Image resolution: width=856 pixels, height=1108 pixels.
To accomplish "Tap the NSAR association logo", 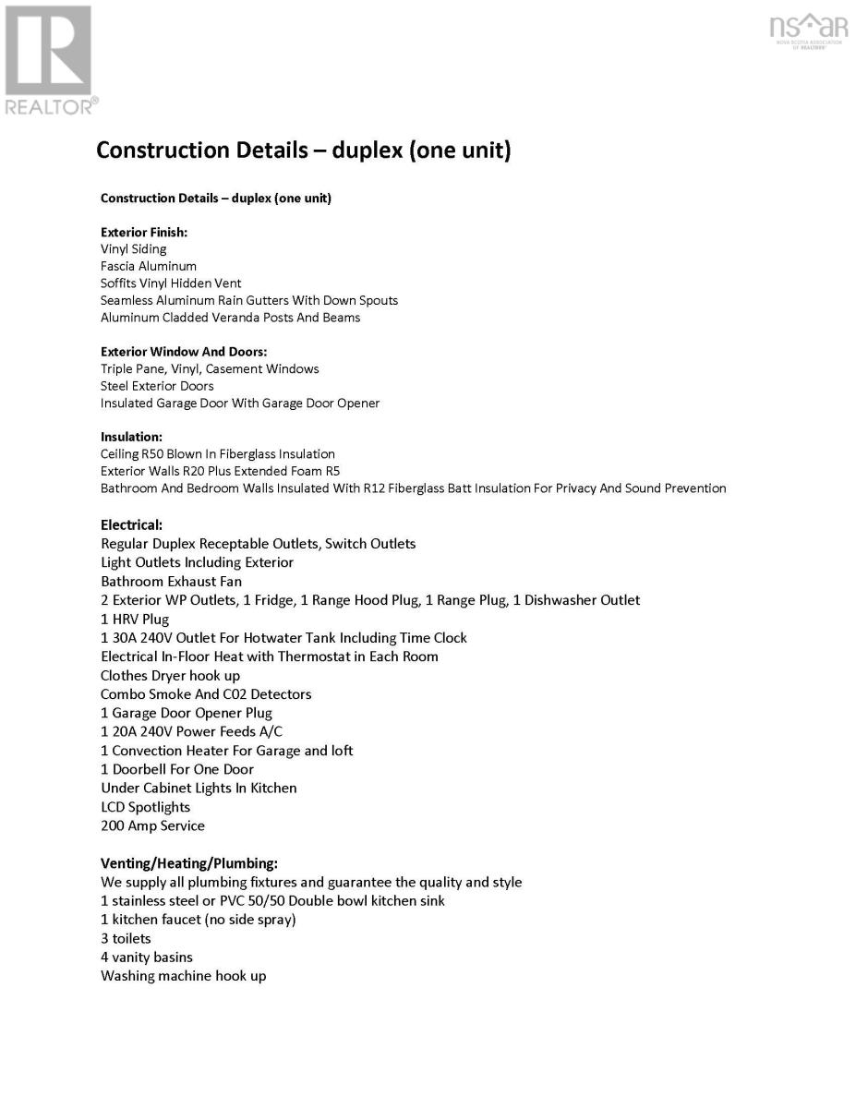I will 808,30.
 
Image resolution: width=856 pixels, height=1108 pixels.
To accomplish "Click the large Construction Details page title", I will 304,150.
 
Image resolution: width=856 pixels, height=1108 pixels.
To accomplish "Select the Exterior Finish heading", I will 144,232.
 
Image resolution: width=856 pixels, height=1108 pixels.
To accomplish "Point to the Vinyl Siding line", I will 134,249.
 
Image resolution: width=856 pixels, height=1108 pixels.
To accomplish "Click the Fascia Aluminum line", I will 149,266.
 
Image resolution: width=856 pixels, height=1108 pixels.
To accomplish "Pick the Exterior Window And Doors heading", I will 184,352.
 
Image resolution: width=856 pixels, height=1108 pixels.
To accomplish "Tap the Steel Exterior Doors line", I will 157,386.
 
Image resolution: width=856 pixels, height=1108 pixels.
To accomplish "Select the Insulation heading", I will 131,437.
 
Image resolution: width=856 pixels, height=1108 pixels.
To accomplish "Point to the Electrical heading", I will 132,524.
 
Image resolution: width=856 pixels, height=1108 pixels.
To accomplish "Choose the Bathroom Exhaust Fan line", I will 171,582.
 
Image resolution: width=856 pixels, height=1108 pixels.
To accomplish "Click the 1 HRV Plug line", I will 135,620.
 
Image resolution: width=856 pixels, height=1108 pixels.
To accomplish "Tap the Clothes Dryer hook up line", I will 170,676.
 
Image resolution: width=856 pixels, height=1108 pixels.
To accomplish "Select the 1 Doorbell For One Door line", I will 177,769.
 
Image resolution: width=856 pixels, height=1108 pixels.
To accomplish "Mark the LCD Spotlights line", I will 146,807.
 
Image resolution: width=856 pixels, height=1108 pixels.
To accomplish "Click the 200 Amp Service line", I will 152,825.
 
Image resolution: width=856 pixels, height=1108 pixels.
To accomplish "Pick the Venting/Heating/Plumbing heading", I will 189,863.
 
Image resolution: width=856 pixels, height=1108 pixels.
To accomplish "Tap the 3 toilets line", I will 126,938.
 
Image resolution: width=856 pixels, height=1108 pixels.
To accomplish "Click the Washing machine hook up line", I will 184,976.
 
